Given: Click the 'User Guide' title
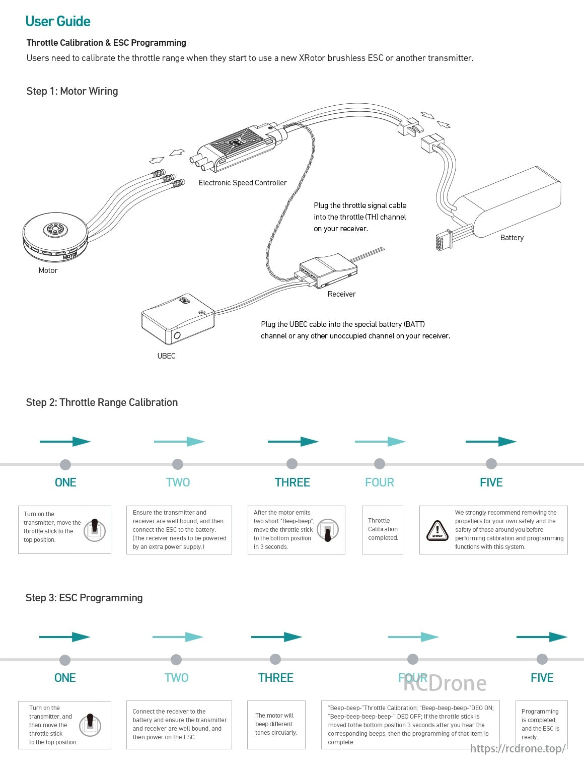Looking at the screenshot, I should click(x=58, y=21).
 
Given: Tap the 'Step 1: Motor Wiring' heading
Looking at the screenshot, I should click(x=72, y=91).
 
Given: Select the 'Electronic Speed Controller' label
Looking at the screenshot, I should click(x=243, y=183).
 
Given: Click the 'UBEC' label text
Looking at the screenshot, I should click(x=166, y=356).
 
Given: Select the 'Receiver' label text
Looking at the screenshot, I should click(x=341, y=294).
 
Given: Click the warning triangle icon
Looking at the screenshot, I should click(x=437, y=530).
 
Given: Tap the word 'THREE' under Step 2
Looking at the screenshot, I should click(x=293, y=482).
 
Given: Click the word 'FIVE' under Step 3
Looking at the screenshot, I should click(x=542, y=678).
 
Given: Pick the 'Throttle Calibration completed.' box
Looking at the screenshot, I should click(x=383, y=530).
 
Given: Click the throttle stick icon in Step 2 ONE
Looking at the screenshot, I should click(x=94, y=530).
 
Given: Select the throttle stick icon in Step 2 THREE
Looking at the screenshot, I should click(x=328, y=530).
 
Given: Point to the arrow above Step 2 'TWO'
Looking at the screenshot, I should click(x=179, y=442).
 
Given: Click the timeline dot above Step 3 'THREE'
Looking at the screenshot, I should click(x=275, y=659).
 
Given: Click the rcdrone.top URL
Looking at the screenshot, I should click(x=518, y=749).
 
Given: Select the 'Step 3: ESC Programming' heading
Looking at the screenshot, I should click(x=84, y=598).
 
